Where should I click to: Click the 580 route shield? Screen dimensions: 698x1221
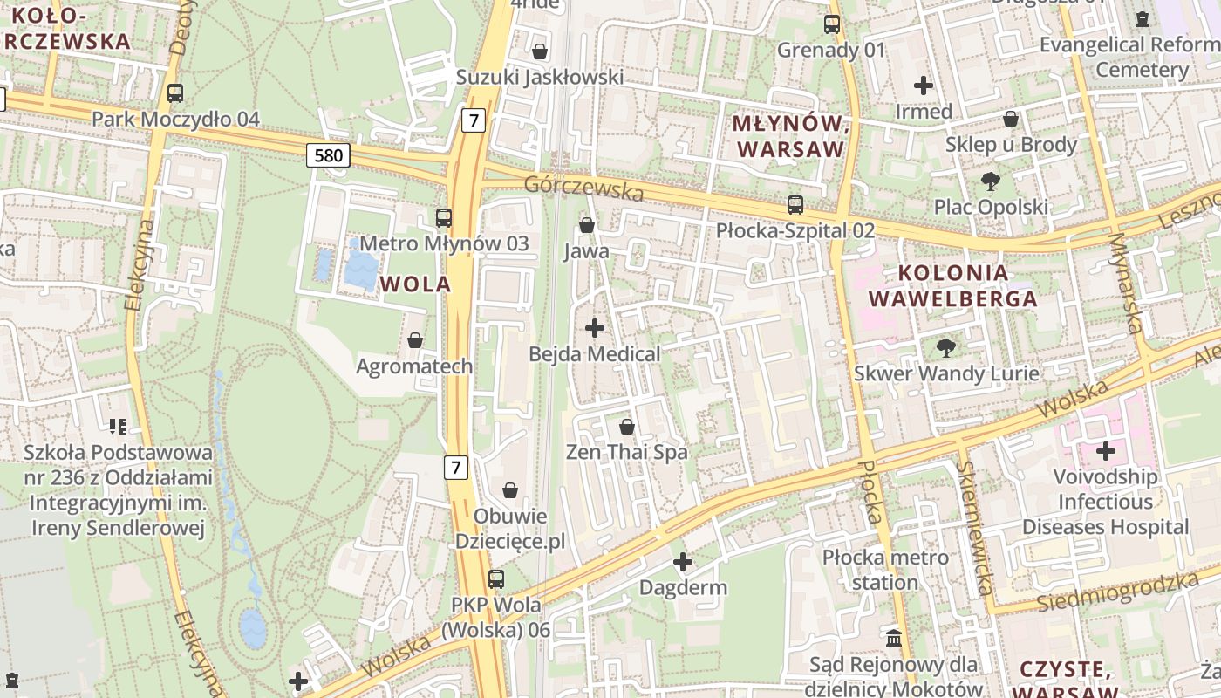tap(328, 156)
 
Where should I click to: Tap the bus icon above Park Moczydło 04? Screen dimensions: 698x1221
tap(175, 92)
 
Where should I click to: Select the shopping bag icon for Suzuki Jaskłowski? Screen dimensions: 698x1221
tap(540, 51)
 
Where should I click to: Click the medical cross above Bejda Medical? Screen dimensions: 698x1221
tap(595, 328)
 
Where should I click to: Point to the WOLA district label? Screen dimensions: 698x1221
tap(416, 284)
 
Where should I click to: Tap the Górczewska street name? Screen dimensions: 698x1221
tap(583, 188)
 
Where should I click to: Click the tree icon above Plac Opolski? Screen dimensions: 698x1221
tap(990, 181)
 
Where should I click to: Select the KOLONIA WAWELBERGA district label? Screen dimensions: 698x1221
tap(953, 285)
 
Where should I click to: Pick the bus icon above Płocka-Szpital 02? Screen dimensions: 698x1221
tap(795, 205)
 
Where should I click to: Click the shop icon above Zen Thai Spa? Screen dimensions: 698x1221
tap(626, 427)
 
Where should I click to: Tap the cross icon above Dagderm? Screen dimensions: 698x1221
tap(683, 562)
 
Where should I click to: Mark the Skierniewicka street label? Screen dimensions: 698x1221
tap(975, 527)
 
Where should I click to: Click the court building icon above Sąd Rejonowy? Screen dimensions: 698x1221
tap(894, 639)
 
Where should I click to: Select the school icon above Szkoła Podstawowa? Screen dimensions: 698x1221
tap(118, 427)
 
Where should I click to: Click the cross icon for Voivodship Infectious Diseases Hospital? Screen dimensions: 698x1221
tap(1106, 451)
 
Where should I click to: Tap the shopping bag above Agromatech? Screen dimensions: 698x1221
tap(415, 340)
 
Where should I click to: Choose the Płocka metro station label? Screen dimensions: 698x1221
tap(884, 569)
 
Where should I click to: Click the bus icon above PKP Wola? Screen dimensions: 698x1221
tap(495, 578)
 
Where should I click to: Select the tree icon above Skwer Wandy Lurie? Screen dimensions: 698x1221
tap(945, 348)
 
